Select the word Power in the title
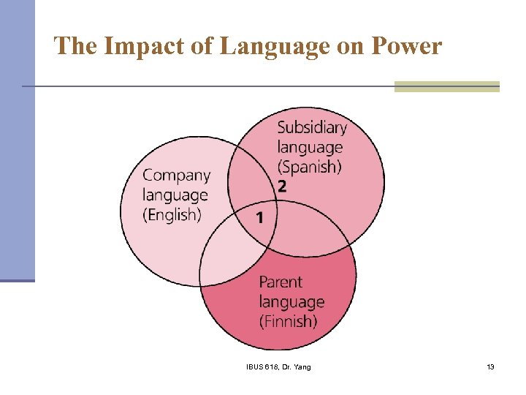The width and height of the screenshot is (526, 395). (x=406, y=47)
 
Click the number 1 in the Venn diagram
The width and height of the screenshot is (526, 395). (x=260, y=217)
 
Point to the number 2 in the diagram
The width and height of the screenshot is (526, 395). (x=282, y=187)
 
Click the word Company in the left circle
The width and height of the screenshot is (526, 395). (x=176, y=176)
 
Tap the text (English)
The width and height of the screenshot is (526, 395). (x=172, y=214)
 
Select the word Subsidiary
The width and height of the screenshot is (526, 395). (x=312, y=127)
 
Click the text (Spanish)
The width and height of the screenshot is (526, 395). (x=310, y=167)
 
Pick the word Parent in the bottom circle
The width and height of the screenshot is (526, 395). (x=281, y=282)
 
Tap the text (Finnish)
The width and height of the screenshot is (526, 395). (x=289, y=320)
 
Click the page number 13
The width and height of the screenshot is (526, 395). (x=490, y=366)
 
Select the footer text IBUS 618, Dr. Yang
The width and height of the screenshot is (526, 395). (x=278, y=366)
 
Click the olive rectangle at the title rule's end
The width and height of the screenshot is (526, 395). (x=446, y=86)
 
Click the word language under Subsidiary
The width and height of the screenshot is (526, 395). (x=310, y=147)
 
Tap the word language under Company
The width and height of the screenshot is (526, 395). (x=175, y=195)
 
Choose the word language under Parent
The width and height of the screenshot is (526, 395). (x=291, y=301)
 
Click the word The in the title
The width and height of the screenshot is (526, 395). (x=75, y=47)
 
